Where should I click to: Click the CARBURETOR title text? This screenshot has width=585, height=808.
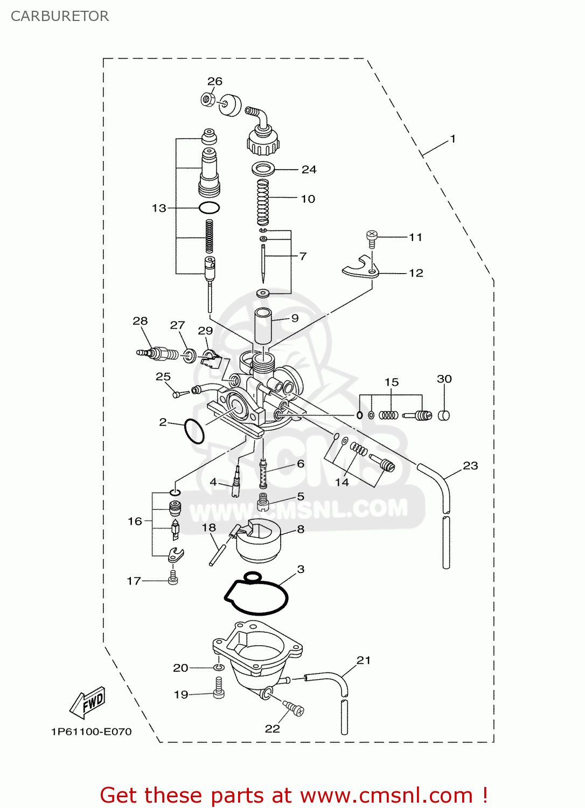[60, 16]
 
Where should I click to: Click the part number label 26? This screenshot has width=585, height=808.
[214, 81]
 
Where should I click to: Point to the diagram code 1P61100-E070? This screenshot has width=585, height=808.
[92, 732]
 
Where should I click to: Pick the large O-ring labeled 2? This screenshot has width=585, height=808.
[194, 431]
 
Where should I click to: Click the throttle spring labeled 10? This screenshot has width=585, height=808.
[262, 203]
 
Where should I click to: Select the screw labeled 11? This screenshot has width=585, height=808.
[371, 238]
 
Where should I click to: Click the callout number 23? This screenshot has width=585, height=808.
[470, 465]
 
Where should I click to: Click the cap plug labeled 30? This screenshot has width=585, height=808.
[443, 415]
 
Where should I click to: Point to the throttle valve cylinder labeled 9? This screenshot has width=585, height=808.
[263, 326]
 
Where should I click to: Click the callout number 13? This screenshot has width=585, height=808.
[159, 208]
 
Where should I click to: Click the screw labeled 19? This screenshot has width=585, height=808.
[219, 688]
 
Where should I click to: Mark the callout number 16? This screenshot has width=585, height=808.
[135, 521]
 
